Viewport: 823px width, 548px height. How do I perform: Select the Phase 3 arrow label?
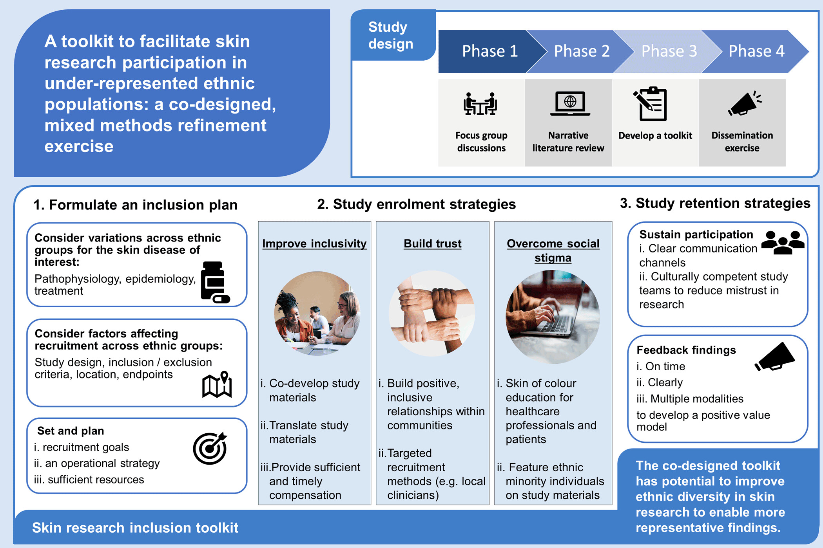pos(669,51)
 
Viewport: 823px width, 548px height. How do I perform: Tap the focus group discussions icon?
pos(480,104)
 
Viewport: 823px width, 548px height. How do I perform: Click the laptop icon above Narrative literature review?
pos(570,103)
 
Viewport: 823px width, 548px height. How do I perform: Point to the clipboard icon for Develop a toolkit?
pos(651,104)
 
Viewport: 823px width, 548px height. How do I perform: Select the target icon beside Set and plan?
pos(210,448)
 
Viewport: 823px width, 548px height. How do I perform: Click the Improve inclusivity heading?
pos(314,243)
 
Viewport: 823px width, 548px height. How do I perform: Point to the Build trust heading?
pos(433,243)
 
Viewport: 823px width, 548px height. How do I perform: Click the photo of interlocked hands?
pos(431,314)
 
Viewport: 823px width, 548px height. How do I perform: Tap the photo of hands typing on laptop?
pos(553,317)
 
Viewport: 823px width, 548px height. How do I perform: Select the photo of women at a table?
pos(317,314)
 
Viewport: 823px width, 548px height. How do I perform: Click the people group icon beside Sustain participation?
pos(782,242)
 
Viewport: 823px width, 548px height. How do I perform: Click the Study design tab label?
pos(390,35)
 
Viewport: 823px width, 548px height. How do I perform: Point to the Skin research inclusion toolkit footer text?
pos(135,528)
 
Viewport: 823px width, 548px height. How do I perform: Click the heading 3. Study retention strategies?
pos(715,203)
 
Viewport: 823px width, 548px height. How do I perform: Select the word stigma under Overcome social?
pos(553,258)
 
